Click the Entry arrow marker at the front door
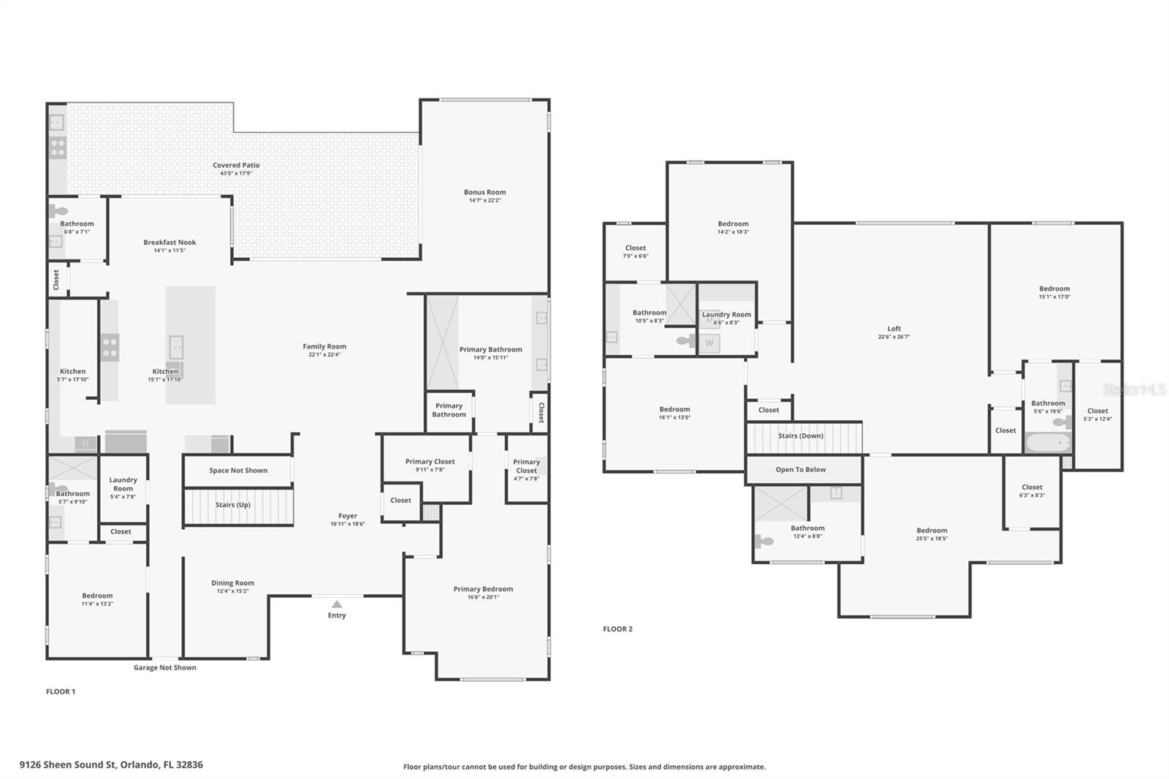pyautogui.click(x=336, y=604)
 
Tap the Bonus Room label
pyautogui.click(x=484, y=192)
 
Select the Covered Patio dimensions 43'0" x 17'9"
pyautogui.click(x=236, y=174)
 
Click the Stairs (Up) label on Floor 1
pyautogui.click(x=233, y=505)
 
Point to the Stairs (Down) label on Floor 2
pyautogui.click(x=800, y=436)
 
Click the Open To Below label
pyautogui.click(x=800, y=470)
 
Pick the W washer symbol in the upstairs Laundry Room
pyautogui.click(x=709, y=343)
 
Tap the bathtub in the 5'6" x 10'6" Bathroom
pyautogui.click(x=1048, y=443)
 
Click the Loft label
pyautogui.click(x=894, y=329)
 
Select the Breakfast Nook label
pyautogui.click(x=170, y=242)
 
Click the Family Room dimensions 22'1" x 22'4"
pyautogui.click(x=324, y=355)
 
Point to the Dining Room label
pyautogui.click(x=232, y=583)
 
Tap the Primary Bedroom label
pyautogui.click(x=483, y=589)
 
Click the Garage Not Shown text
pyautogui.click(x=164, y=667)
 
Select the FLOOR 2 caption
pyautogui.click(x=617, y=628)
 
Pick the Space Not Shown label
pyautogui.click(x=238, y=471)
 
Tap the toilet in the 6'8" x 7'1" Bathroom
pyautogui.click(x=58, y=212)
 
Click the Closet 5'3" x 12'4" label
pyautogui.click(x=1097, y=411)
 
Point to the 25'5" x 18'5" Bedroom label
pyautogui.click(x=932, y=531)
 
